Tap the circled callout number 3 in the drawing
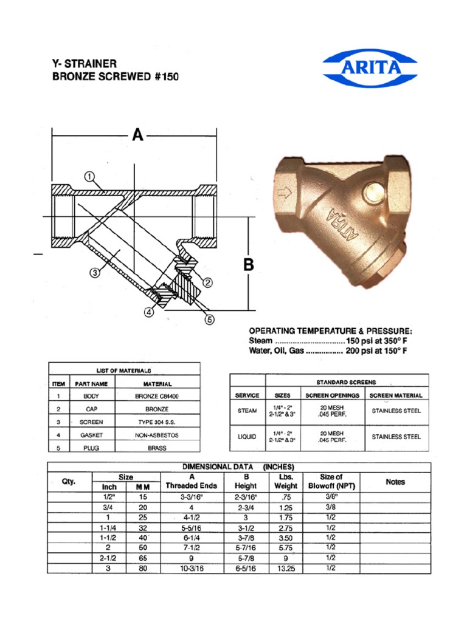pyautogui.click(x=95, y=273)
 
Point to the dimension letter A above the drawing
pyautogui.click(x=138, y=134)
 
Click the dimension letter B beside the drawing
pyautogui.click(x=248, y=265)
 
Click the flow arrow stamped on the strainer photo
pyautogui.click(x=284, y=194)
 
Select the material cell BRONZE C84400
pyautogui.click(x=157, y=396)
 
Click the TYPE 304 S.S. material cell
pyautogui.click(x=157, y=422)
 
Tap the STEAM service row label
pyautogui.click(x=247, y=411)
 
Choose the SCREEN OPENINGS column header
pyautogui.click(x=332, y=395)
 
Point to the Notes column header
pyautogui.click(x=395, y=482)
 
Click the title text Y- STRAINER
pyautogui.click(x=85, y=63)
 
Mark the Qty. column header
pyautogui.click(x=69, y=482)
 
